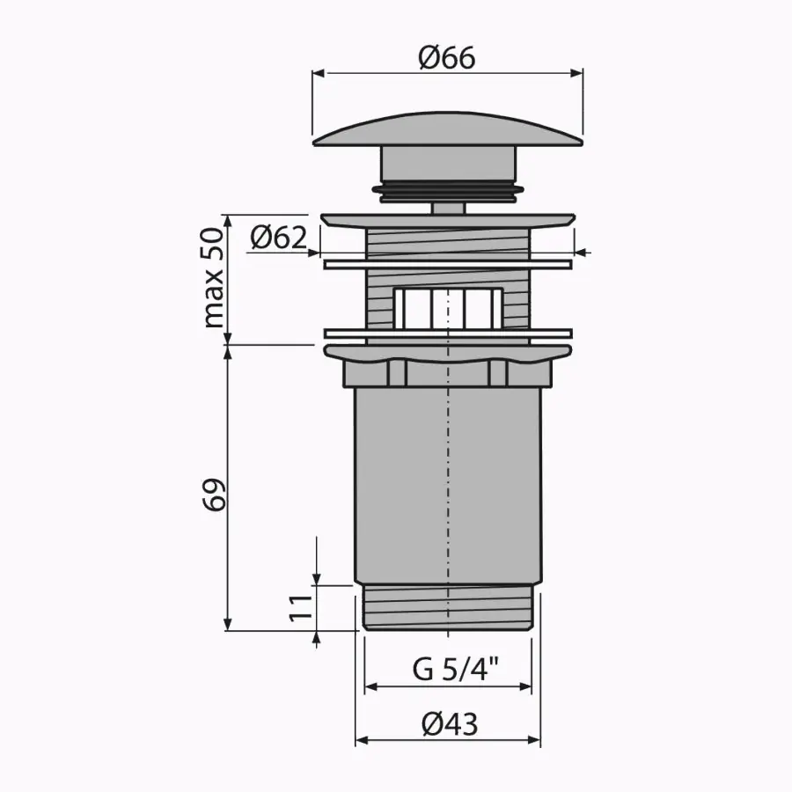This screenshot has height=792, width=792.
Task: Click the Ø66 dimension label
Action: pyautogui.click(x=447, y=57)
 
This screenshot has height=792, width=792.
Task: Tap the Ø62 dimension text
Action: pyautogui.click(x=278, y=237)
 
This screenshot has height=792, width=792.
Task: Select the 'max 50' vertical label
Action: pyautogui.click(x=213, y=278)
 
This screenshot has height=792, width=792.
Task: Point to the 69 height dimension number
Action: pyautogui.click(x=214, y=495)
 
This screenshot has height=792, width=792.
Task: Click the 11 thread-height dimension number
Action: pyautogui.click(x=300, y=607)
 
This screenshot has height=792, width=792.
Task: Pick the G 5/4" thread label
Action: pyautogui.click(x=455, y=671)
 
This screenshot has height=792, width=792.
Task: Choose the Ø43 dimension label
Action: pyautogui.click(x=450, y=724)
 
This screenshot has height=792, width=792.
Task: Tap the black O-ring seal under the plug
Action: pyautogui.click(x=448, y=190)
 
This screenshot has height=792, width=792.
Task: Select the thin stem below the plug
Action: pyautogui.click(x=448, y=208)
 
